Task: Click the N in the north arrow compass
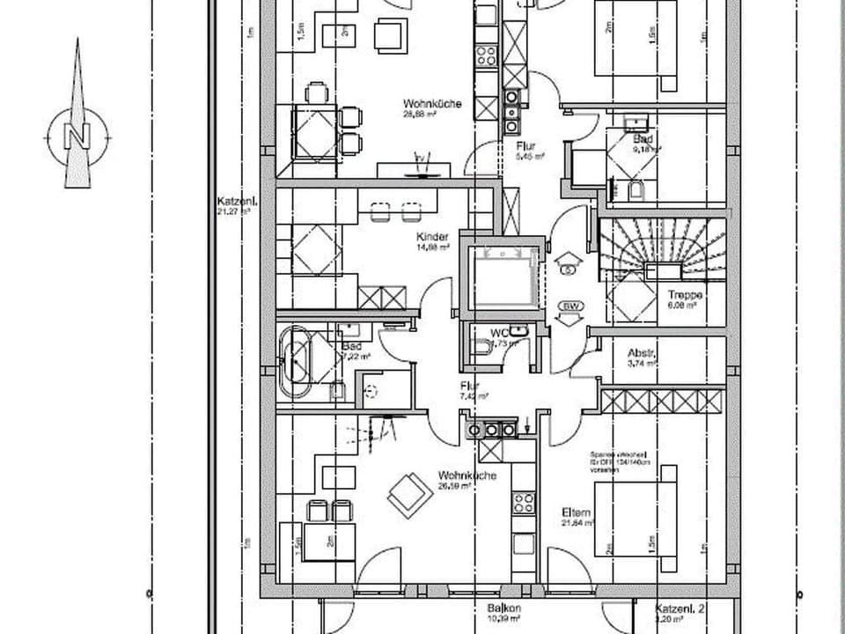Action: pos(77,136)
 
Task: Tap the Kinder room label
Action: pos(433,237)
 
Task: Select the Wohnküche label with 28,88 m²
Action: pos(433,103)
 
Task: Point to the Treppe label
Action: pos(685,296)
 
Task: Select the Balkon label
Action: pos(505,608)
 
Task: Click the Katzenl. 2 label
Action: pos(680,608)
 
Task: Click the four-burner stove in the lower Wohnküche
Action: pos(524,503)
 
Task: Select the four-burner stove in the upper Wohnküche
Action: pos(486,55)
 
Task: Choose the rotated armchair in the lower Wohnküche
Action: pos(410,495)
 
